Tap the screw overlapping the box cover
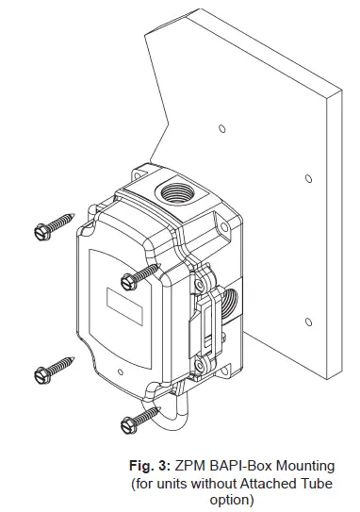[141, 273]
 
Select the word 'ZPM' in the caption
[189, 465]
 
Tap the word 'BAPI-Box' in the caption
[239, 465]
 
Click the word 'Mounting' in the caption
[303, 465]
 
